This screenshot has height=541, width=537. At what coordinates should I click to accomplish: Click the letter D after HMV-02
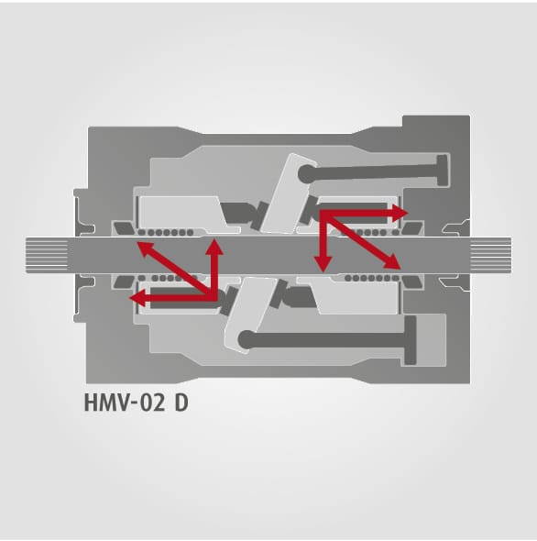pos(181,403)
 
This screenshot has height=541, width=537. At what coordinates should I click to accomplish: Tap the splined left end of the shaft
pos(47,255)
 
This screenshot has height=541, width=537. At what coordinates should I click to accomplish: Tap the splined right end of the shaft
pos(491,255)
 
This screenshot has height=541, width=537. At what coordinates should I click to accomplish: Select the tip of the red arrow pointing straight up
pos(214,239)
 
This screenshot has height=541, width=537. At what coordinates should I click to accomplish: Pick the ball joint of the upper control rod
pos(307,173)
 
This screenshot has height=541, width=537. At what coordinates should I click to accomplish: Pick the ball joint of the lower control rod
pos(247,339)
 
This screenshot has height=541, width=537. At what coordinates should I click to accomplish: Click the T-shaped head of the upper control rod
pos(442,171)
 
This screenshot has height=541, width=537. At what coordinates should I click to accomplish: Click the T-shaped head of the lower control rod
pos(410,340)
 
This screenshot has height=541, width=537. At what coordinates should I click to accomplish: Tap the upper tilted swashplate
pos(288,193)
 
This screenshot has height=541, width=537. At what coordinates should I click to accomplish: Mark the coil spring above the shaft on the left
pos(166,233)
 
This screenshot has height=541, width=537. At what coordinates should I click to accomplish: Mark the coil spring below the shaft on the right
pos(372,278)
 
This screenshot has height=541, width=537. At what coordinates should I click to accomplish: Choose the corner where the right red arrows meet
pos(323,213)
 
